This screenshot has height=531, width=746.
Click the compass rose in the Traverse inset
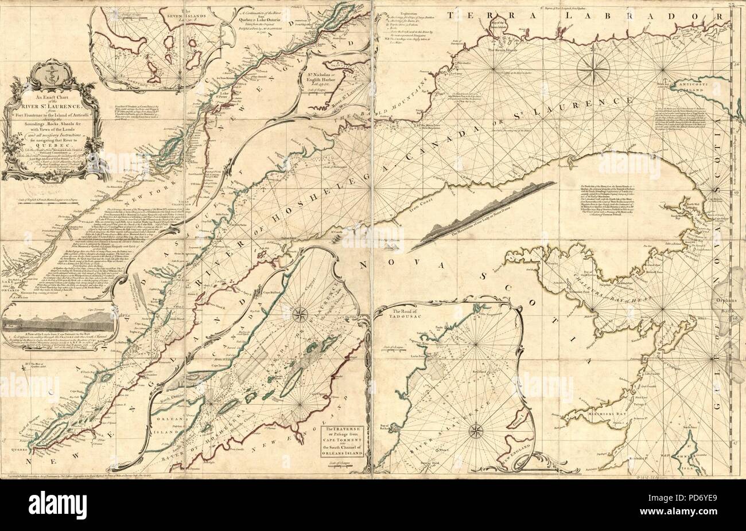pos(300,314)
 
